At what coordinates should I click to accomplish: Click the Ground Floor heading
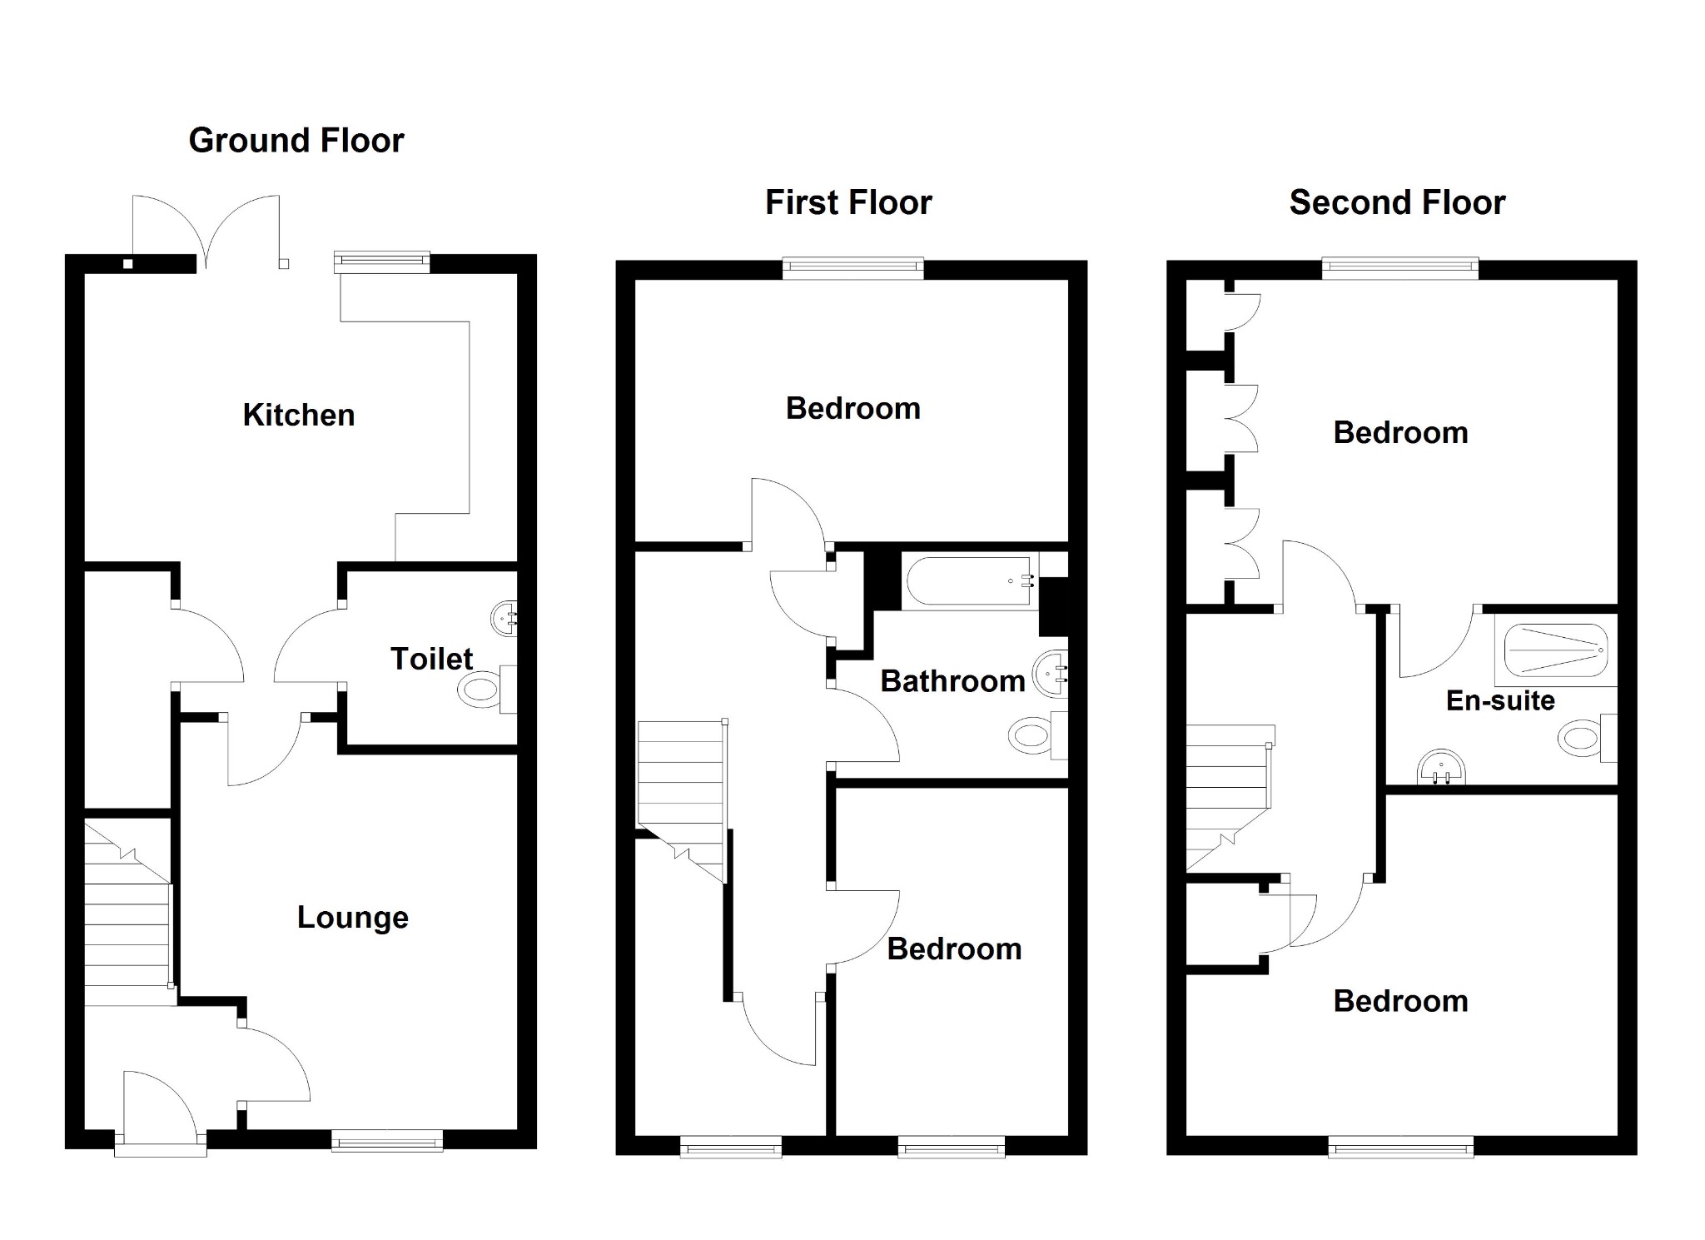point(296,141)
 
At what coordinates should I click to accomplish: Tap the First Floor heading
point(848,203)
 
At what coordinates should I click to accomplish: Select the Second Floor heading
point(1397,203)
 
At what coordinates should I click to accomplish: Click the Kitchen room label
point(298,415)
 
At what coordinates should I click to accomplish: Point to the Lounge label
point(352,918)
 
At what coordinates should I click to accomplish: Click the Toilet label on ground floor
point(431,660)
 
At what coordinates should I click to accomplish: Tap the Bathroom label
point(952,681)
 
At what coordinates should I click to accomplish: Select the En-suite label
point(1499,700)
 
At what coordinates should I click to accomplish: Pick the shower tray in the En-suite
point(1554,650)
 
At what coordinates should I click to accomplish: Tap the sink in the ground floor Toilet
point(505,618)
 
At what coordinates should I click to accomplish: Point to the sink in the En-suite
point(1440,767)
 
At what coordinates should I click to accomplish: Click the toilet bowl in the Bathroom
point(1031,736)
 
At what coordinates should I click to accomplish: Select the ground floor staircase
point(127,912)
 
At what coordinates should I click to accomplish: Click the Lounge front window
point(386,1140)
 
